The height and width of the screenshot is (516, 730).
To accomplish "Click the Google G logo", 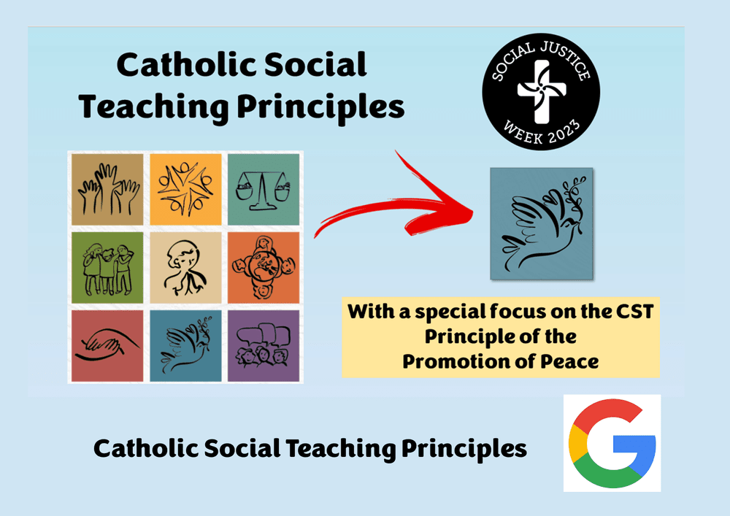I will (612, 443).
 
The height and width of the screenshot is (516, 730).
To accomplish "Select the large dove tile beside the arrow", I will (541, 223).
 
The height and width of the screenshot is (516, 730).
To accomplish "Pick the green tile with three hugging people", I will (107, 268).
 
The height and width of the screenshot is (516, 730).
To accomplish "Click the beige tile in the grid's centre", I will (185, 268).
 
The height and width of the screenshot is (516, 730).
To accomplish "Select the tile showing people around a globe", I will (264, 268).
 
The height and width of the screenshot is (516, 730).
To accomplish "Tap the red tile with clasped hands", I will (107, 345).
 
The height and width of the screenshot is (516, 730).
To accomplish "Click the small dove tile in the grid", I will (185, 345).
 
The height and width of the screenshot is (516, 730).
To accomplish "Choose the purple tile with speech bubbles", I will (264, 345).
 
